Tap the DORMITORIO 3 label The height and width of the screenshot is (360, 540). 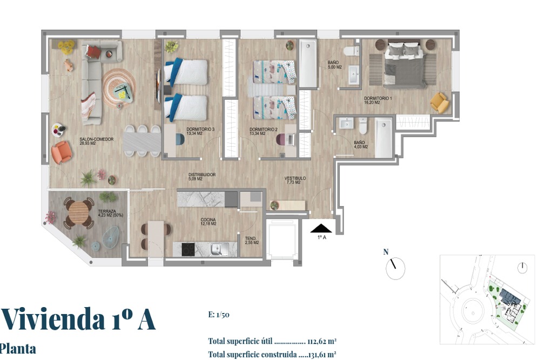click(x=200, y=131)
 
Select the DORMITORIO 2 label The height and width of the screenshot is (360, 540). click(x=264, y=132)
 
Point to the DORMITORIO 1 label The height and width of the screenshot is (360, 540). click(x=378, y=100)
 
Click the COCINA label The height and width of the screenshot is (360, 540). click(x=208, y=222)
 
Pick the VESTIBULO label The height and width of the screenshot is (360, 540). click(x=295, y=180)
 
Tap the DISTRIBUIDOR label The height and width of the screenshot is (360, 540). click(x=202, y=176)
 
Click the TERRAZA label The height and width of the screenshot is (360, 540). click(x=110, y=213)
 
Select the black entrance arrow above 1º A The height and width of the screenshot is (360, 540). click(x=321, y=228)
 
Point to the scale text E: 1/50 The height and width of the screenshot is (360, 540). click(x=219, y=315)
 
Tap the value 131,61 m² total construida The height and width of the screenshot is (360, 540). click(x=321, y=354)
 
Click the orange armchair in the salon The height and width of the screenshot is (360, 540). click(x=62, y=152)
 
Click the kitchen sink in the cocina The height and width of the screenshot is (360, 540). click(x=217, y=249)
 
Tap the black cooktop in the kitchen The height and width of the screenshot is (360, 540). click(x=188, y=249)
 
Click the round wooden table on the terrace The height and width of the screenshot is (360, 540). click(x=78, y=212)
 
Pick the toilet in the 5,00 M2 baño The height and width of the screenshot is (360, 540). click(x=352, y=51)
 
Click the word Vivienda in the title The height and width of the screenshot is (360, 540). click(x=53, y=319)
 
